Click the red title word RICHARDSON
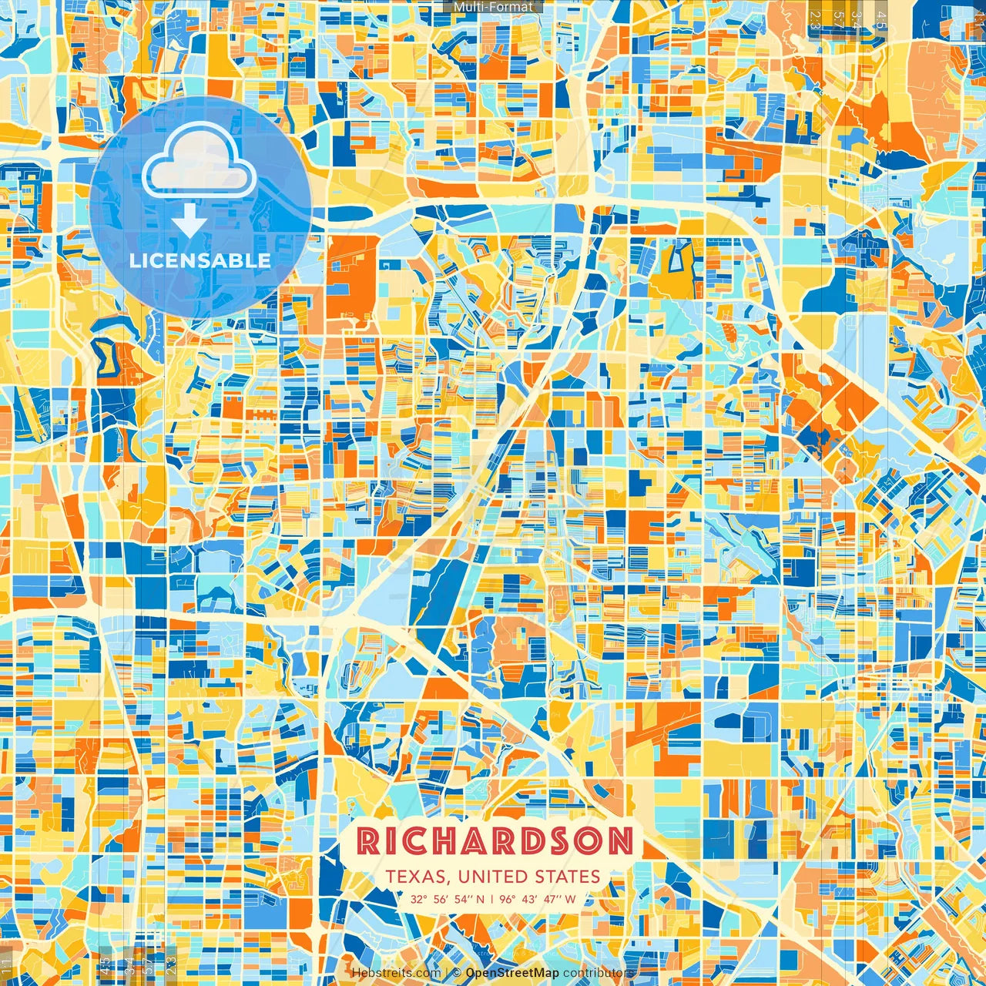495,841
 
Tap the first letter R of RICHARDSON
369,841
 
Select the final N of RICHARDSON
620,841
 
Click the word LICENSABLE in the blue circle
200,260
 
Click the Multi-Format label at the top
493,7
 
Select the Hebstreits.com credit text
396,973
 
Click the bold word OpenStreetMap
512,973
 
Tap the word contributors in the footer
599,973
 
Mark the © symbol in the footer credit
457,973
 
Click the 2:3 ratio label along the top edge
814,19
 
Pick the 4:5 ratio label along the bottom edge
105,965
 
